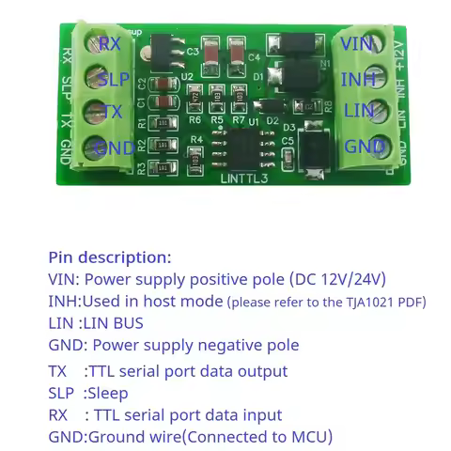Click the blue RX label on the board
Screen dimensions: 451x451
point(110,43)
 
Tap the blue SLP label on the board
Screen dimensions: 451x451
point(114,78)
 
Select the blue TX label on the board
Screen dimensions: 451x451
point(112,112)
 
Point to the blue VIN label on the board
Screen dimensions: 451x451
point(356,43)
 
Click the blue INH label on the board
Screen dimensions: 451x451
point(358,78)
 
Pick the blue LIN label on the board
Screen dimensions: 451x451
point(357,112)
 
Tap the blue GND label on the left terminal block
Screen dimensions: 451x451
point(115,147)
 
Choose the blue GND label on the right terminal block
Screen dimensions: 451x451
point(364,147)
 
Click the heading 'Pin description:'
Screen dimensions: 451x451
point(110,257)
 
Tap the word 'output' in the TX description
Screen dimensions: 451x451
point(260,371)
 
